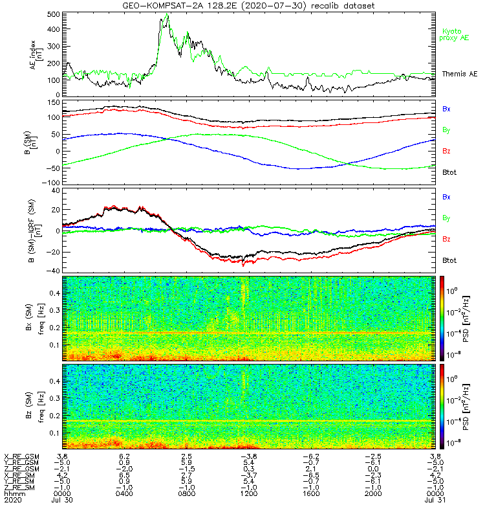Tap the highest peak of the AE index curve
[x=167, y=14]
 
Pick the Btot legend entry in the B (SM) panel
[x=449, y=173]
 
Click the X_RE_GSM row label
[x=21, y=456]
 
